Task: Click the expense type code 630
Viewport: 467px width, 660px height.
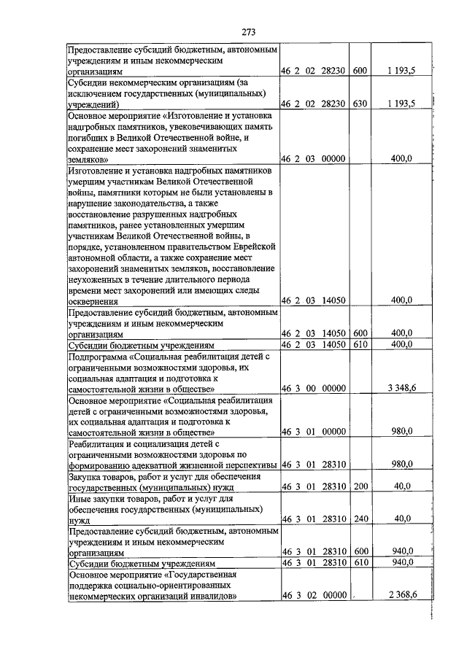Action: tap(360, 104)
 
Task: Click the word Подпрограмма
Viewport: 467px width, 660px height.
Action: tap(97, 356)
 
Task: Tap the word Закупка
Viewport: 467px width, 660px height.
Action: tap(85, 475)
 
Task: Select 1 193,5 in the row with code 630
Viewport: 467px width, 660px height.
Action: tap(401, 104)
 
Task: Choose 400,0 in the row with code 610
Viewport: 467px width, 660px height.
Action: tap(403, 343)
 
